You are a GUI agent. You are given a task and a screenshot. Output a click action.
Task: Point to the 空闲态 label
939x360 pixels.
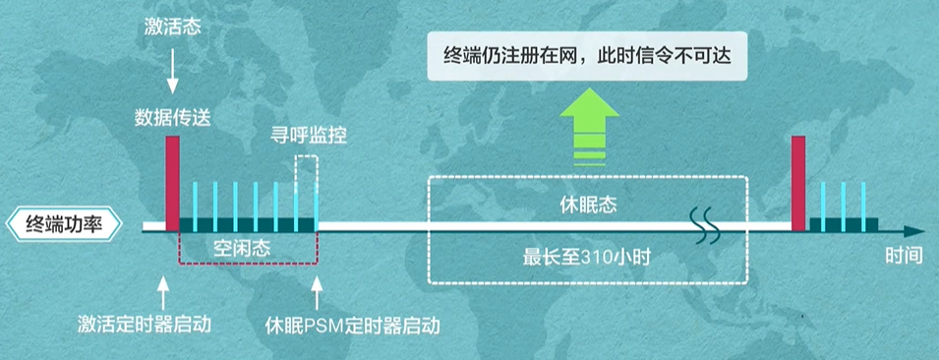[x=243, y=248]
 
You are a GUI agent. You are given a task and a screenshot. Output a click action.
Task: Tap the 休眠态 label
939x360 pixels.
[x=589, y=204]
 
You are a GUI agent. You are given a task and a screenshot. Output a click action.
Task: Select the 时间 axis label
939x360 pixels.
[x=903, y=257]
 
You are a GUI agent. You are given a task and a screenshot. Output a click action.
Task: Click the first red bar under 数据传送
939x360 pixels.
[x=173, y=182]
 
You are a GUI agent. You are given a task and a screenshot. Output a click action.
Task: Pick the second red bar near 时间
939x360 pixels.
[x=798, y=182]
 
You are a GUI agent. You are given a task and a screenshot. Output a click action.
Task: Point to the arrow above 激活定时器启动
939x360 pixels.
[x=162, y=287]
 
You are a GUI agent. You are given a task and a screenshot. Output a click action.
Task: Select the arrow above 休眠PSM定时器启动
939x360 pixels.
[x=317, y=287]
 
